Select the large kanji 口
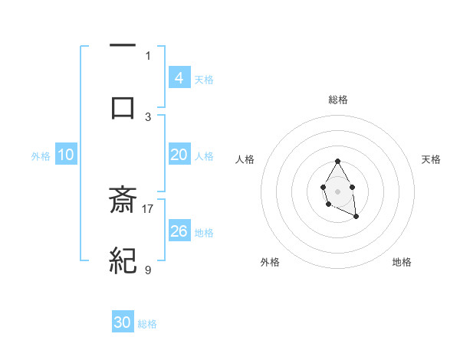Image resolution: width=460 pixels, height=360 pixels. point(123,107)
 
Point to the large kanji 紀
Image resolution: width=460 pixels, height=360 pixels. point(123,260)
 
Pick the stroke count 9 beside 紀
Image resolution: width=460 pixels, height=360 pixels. point(148,270)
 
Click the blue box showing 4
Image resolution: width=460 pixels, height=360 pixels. point(179,78)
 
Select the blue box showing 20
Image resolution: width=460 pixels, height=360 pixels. point(179,155)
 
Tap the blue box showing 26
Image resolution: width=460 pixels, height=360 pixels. point(179,231)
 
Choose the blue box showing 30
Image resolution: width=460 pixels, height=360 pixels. point(123,322)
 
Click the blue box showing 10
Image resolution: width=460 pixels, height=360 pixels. point(66,155)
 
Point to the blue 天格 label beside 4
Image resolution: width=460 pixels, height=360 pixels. point(204,79)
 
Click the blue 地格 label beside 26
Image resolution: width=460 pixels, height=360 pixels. point(204,232)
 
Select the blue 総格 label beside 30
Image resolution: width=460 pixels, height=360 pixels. point(147,323)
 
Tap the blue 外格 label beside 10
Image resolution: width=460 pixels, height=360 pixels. point(41,155)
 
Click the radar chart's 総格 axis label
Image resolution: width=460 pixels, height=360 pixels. point(337,100)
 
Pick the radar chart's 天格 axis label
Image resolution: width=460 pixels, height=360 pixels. point(431,159)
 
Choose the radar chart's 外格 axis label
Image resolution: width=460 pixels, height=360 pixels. point(269,262)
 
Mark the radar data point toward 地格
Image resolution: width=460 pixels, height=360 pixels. point(356,217)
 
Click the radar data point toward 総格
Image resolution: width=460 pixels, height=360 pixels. point(337,162)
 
